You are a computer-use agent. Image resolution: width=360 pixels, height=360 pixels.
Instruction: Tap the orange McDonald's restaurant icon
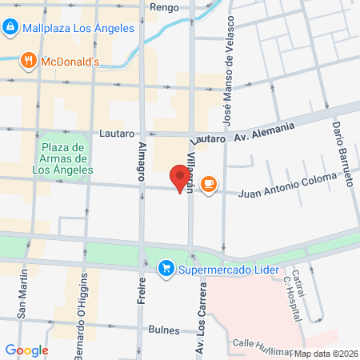click(x=29, y=60)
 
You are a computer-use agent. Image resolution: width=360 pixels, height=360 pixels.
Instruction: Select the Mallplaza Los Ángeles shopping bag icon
click(x=10, y=27)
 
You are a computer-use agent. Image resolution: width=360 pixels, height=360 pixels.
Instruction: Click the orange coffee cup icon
click(x=209, y=185)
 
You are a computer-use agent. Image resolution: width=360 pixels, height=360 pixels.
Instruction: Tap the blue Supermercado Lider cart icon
click(x=165, y=266)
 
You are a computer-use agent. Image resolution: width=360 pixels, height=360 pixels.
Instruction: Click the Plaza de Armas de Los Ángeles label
click(x=62, y=158)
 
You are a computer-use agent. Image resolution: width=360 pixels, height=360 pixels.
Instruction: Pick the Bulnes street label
click(x=164, y=329)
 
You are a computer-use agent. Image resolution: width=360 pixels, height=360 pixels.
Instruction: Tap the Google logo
click(x=26, y=350)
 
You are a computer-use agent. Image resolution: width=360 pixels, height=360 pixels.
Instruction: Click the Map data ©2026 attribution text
click(x=325, y=354)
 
